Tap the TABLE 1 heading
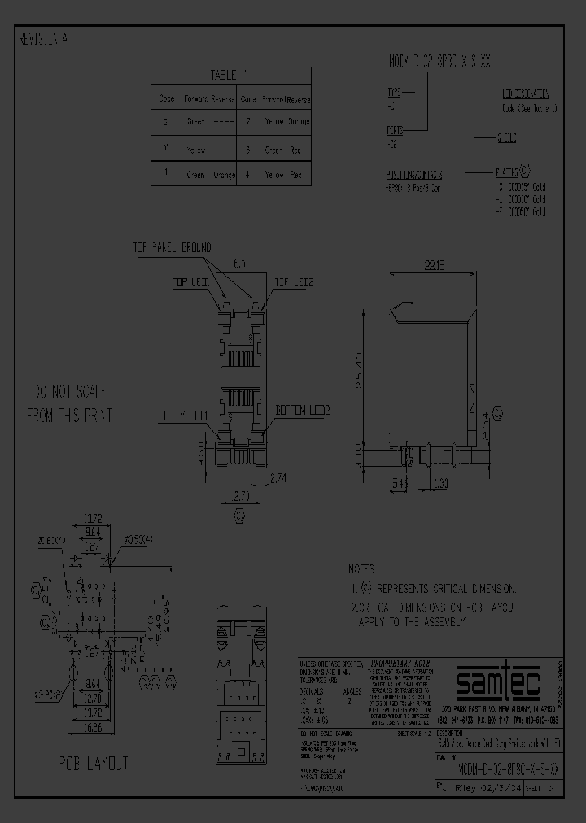[222, 74]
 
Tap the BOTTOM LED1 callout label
[184, 416]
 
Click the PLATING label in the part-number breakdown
[506, 173]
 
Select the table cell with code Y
[166, 150]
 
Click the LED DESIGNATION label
[524, 94]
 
